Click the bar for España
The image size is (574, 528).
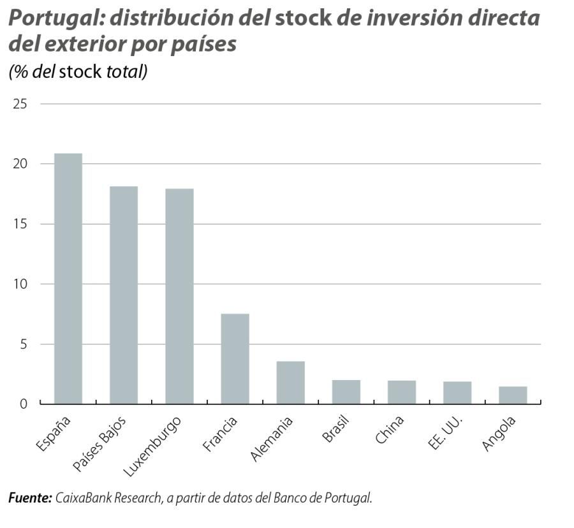[68, 279]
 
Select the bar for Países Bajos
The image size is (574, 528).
[124, 295]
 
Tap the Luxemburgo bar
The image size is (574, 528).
[179, 297]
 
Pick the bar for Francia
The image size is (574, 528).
[235, 359]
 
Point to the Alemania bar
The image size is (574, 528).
[290, 383]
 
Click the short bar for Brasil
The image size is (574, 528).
[346, 392]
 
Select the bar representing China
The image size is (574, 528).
[401, 392]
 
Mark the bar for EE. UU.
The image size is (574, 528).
[457, 393]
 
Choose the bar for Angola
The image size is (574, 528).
[513, 395]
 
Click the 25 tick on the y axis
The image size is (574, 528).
[20, 104]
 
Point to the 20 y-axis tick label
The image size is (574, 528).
[20, 164]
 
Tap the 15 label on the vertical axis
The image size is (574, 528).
[20, 224]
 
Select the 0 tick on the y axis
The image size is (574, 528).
[24, 404]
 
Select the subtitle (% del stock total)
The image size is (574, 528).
[78, 71]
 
